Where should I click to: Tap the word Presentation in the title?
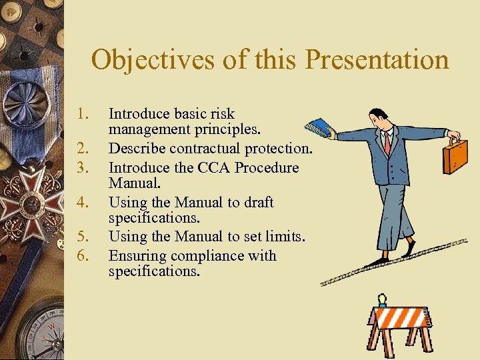377,60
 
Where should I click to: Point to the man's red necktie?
387,143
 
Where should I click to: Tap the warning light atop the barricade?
382,299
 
